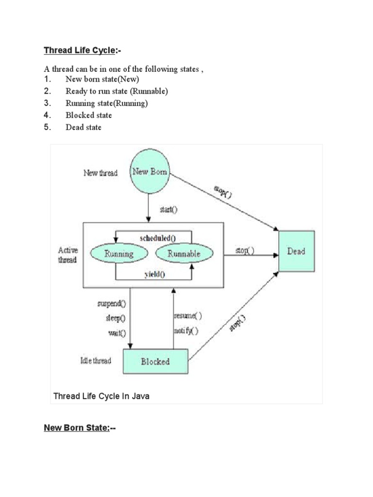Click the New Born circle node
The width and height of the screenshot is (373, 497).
click(x=149, y=172)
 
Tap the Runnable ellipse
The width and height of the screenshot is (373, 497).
click(x=184, y=253)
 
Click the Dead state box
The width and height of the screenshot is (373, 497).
click(x=296, y=251)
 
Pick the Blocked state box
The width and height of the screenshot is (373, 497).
click(x=155, y=362)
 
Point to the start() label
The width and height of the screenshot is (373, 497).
click(x=169, y=210)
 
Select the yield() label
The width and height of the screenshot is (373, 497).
click(x=154, y=274)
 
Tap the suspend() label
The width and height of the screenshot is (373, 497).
click(x=111, y=304)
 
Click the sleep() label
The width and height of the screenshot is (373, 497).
click(x=115, y=318)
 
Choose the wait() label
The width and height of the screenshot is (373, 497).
click(x=117, y=333)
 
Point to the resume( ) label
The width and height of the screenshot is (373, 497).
click(x=187, y=315)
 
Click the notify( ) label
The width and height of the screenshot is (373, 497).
click(x=186, y=331)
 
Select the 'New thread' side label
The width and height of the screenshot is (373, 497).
click(x=101, y=173)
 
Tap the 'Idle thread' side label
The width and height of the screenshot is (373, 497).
click(x=95, y=361)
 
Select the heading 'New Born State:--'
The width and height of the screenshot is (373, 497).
click(x=80, y=428)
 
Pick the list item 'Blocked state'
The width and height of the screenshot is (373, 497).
click(x=89, y=116)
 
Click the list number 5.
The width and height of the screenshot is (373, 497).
click(x=47, y=128)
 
